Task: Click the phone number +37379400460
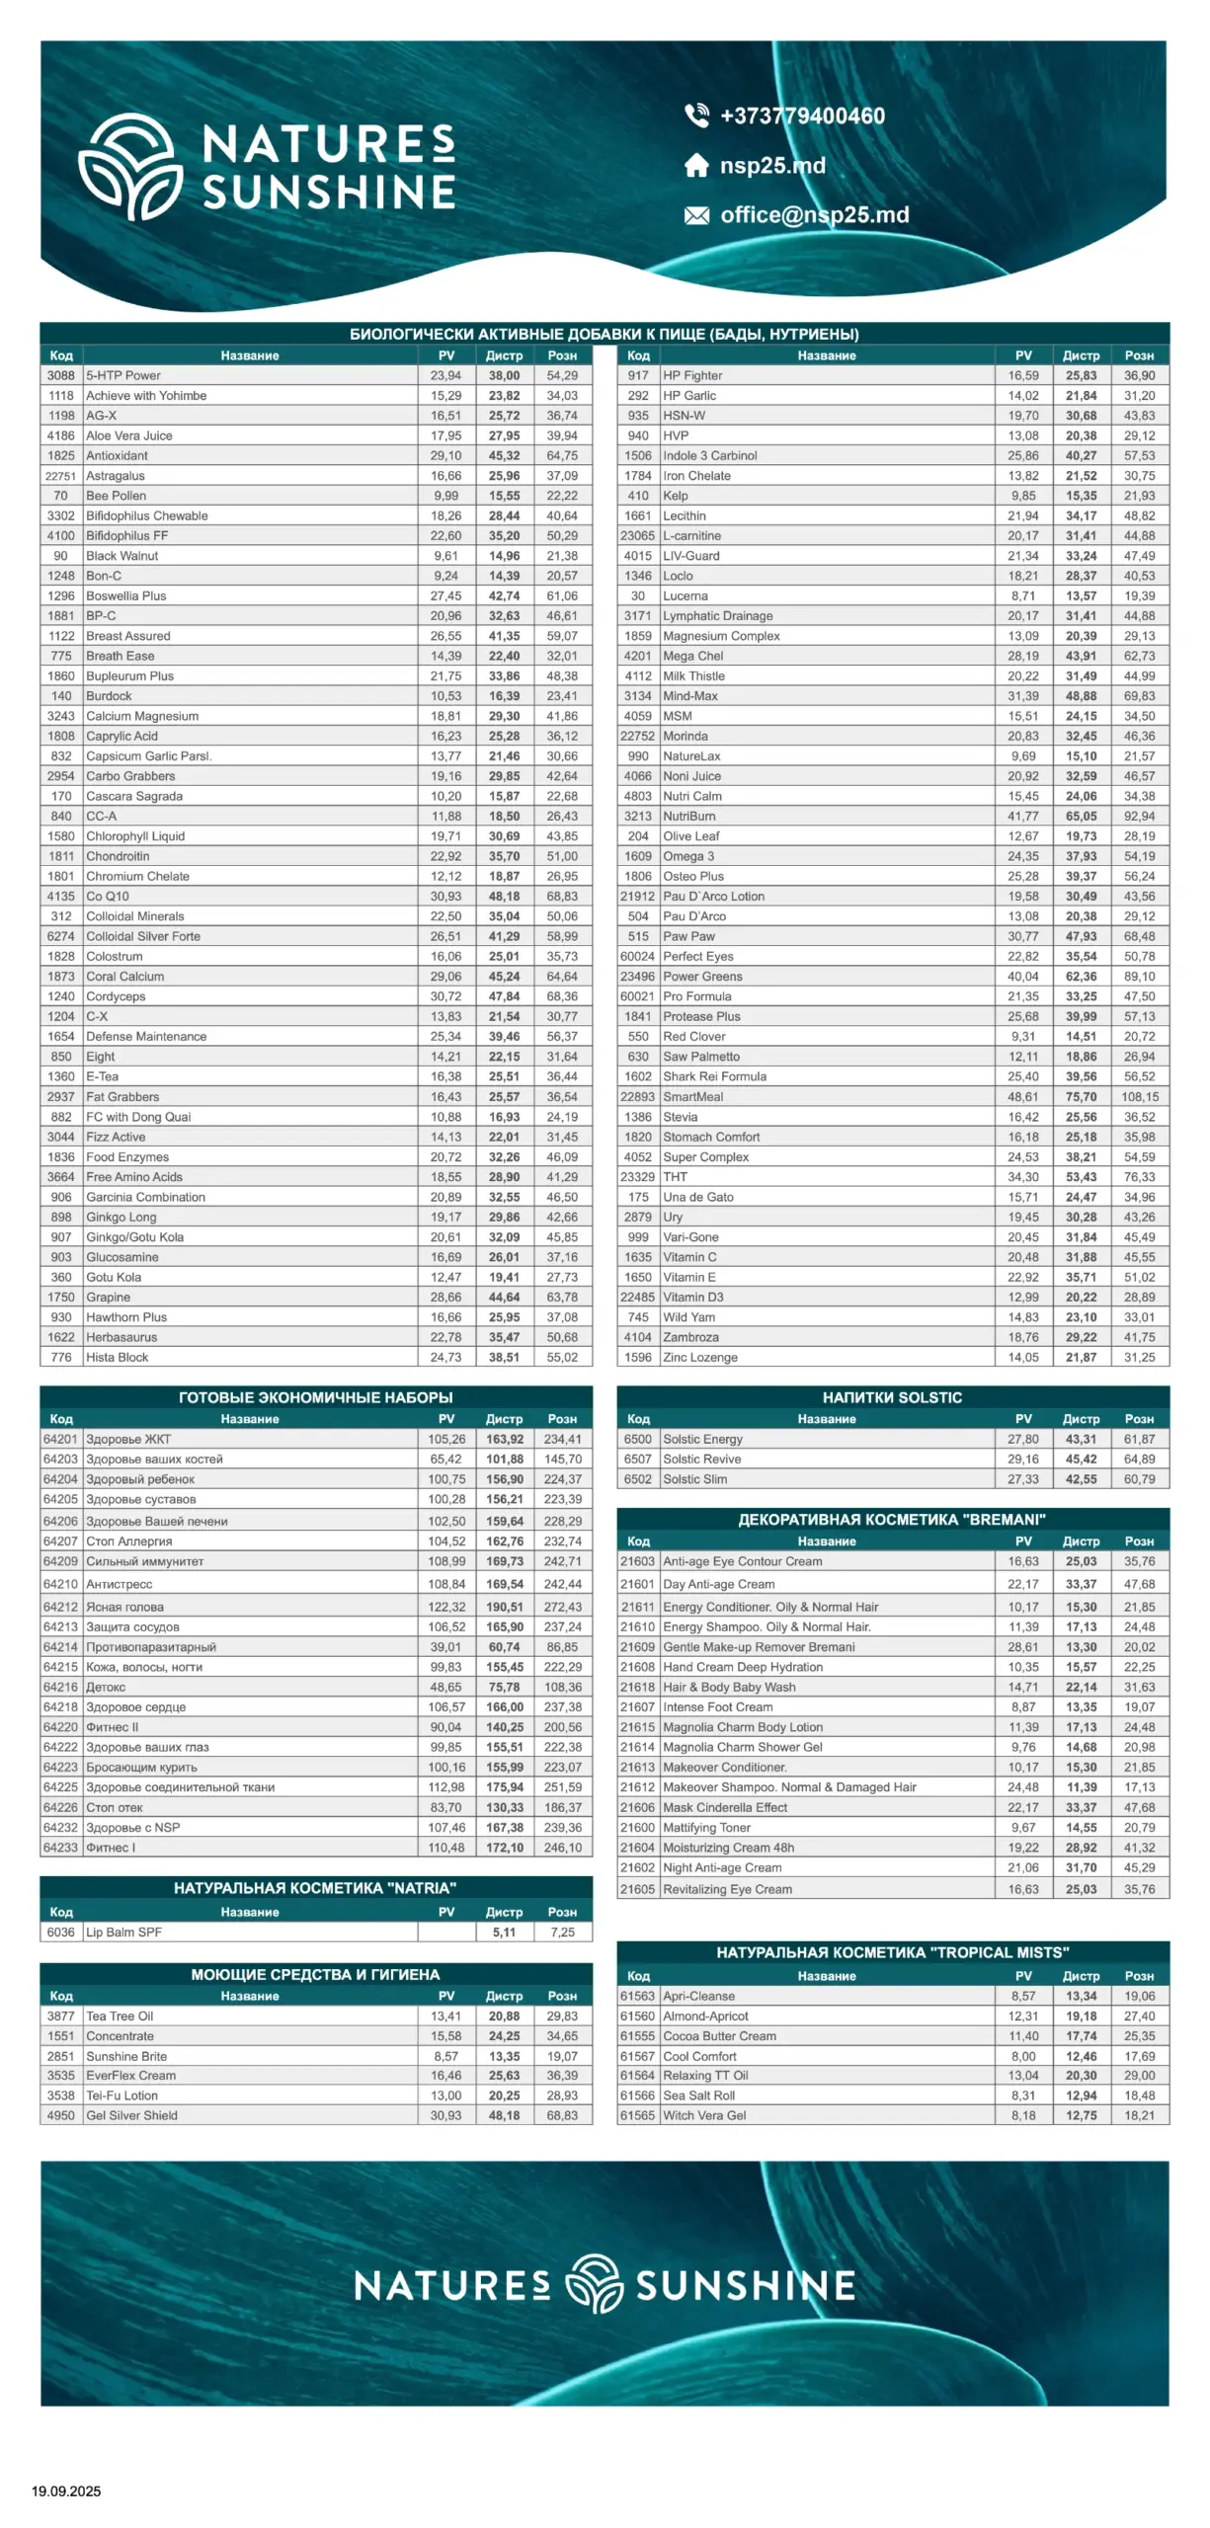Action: point(801,117)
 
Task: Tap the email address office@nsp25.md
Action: point(814,215)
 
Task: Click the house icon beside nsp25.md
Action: point(696,166)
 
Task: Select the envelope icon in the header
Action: point(696,215)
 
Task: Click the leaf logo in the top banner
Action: point(130,166)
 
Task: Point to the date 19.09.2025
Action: point(66,2490)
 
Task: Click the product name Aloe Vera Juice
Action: point(128,435)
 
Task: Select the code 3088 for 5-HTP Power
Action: point(60,375)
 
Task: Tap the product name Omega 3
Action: point(688,856)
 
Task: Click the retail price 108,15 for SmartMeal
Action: point(1139,1096)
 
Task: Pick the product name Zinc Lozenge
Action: point(699,1357)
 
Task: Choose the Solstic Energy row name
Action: point(702,1439)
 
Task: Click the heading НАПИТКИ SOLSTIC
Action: point(891,1397)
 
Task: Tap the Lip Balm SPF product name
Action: point(123,1932)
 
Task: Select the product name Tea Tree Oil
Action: point(120,2015)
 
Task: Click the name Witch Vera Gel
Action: point(704,2115)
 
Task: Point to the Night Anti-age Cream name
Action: point(722,1867)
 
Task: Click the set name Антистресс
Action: point(119,1584)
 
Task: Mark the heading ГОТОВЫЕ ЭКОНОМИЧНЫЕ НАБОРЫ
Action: point(315,1397)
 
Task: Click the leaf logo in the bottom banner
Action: point(594,2284)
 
